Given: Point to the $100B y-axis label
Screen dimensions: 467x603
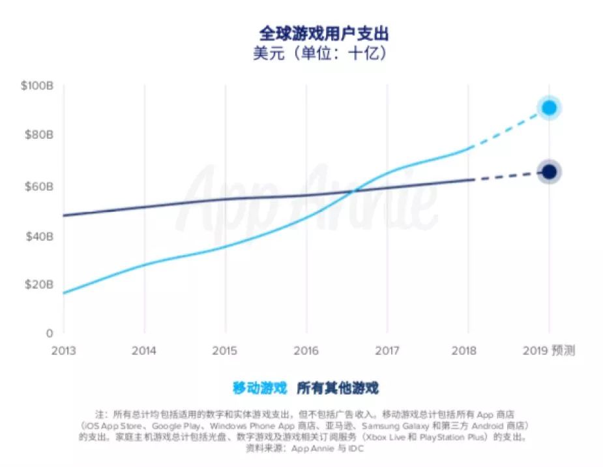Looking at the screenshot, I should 37,85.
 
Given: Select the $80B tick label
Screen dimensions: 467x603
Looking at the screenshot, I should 39,136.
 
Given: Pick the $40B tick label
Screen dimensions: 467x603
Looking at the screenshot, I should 39,235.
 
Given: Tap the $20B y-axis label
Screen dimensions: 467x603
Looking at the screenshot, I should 39,284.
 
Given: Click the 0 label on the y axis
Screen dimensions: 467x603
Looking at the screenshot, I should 50,333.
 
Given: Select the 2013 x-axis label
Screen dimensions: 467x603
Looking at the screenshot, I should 63,351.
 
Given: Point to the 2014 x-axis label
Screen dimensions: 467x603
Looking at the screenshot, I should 144,351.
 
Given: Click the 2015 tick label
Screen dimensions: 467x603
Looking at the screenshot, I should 225,351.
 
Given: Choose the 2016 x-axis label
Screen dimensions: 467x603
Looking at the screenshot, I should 306,351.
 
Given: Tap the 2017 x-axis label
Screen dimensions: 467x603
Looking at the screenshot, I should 387,351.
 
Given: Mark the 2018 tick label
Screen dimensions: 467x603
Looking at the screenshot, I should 468,351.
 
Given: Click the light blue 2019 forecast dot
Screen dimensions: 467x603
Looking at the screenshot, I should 550,108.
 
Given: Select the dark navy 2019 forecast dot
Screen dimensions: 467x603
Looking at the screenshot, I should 550,172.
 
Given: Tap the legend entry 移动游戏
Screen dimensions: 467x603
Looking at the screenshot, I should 259,389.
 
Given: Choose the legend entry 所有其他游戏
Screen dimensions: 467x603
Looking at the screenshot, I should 338,389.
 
